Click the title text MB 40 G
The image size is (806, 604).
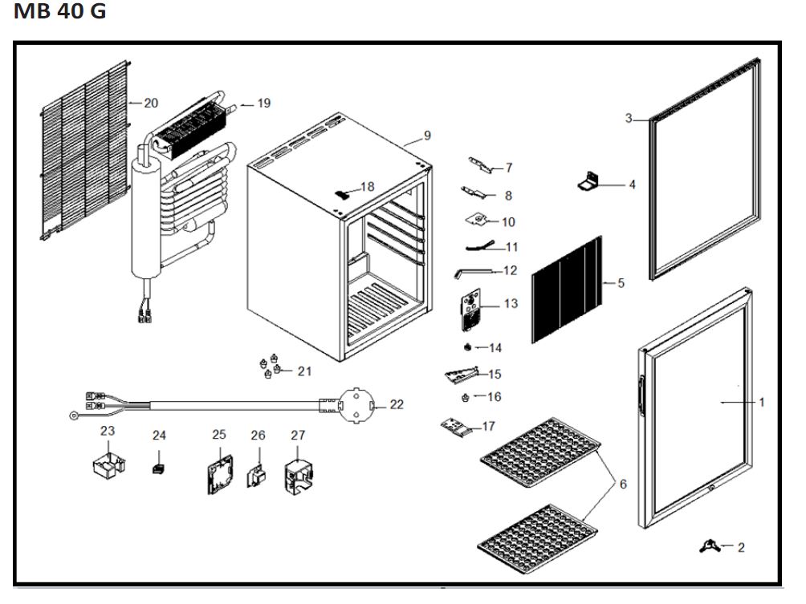[59, 14]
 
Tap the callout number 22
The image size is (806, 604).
[397, 404]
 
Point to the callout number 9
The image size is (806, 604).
[427, 135]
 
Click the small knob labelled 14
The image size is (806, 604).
[467, 347]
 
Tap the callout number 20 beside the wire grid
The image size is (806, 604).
[151, 103]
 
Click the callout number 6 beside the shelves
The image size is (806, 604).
[623, 484]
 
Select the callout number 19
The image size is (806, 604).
[264, 103]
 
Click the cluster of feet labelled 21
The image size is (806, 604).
[270, 366]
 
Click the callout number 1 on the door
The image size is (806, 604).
[762, 402]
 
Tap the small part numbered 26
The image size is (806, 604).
[256, 475]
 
